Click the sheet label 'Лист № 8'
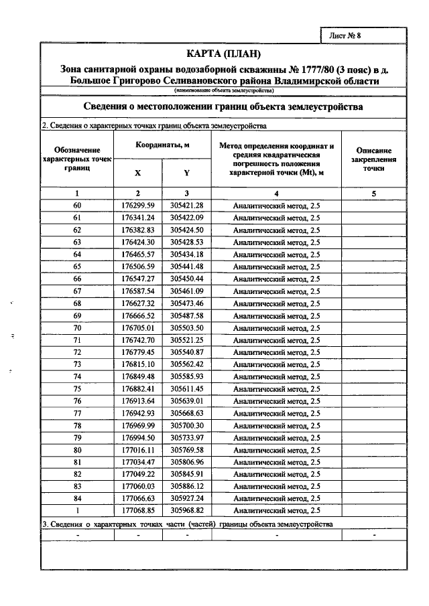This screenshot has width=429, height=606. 346,35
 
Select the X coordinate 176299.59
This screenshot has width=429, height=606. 138,205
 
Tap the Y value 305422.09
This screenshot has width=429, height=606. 186,218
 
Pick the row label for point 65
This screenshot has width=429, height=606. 77,267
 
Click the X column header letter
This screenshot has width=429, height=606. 137,172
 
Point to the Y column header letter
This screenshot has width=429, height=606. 186,172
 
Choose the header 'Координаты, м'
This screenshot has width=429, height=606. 162,145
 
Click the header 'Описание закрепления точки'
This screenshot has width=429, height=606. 373,160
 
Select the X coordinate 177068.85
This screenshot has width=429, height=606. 138,510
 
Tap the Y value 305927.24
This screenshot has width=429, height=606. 186,498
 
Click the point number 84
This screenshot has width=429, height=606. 77,498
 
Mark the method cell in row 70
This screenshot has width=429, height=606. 276,327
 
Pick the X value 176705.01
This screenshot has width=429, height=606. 138,327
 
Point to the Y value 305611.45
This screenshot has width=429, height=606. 186,388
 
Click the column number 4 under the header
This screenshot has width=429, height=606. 276,193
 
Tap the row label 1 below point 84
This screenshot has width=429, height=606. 77,510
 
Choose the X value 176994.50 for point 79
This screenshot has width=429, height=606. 138,437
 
